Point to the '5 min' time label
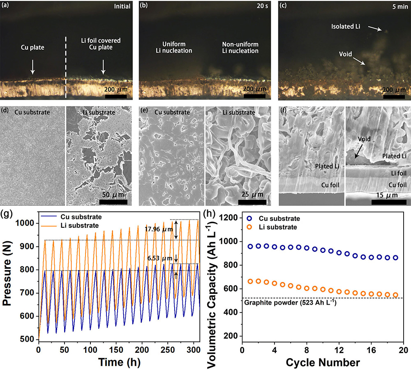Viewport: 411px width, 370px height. coord(397,6)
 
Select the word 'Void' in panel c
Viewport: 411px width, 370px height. coord(346,54)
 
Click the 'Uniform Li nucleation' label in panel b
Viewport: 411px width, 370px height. coord(177,47)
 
